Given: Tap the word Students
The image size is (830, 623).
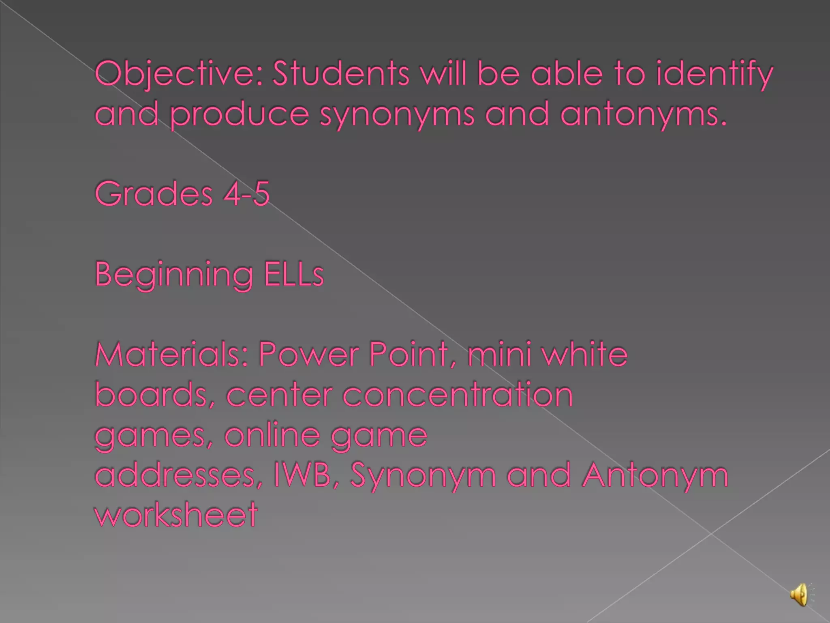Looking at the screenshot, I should [x=341, y=74].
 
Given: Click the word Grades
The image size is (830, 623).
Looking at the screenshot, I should [x=154, y=194].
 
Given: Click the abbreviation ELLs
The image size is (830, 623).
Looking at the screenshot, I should [x=294, y=274].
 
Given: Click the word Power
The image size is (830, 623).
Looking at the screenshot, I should [x=308, y=354].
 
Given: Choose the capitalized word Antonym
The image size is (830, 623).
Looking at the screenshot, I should [x=655, y=475].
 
